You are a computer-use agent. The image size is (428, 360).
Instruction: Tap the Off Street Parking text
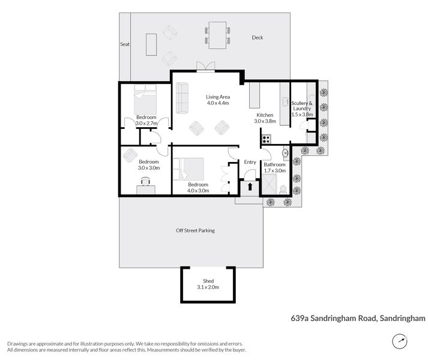pyautogui.click(x=195, y=230)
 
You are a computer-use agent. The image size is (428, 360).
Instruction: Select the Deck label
pyautogui.click(x=258, y=38)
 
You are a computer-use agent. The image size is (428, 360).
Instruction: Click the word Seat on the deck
pyautogui.click(x=125, y=44)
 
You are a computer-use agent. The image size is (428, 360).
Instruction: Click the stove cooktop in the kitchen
pyautogui.click(x=267, y=139)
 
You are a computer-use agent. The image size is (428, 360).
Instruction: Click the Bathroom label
pyautogui.click(x=274, y=167)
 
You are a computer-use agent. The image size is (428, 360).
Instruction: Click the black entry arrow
pyautogui.click(x=250, y=187)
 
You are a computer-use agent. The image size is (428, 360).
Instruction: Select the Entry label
pyautogui.click(x=250, y=162)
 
